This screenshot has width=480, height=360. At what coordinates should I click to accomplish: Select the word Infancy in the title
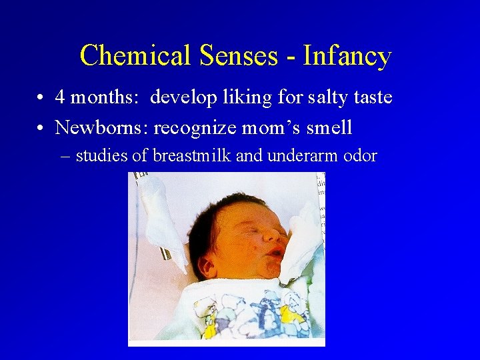coord(347,56)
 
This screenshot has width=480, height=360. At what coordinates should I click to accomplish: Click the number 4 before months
coord(60,98)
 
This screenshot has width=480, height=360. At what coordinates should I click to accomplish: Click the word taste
coord(372,98)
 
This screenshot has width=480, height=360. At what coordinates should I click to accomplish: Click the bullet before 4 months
coord(41,98)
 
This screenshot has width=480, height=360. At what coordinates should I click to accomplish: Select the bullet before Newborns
coord(41,127)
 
